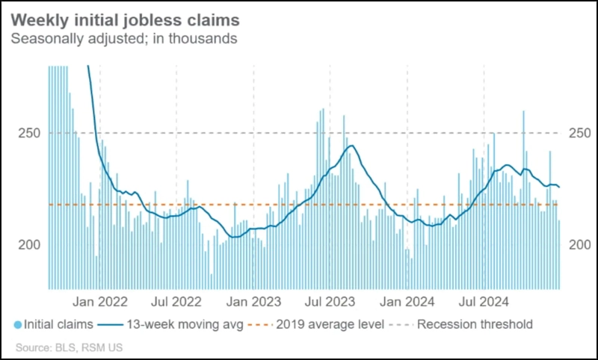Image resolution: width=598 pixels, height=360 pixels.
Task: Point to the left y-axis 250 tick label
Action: (27, 133)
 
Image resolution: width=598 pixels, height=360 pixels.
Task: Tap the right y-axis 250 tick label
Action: (579, 133)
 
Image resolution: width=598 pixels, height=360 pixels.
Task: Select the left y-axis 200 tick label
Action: (27, 244)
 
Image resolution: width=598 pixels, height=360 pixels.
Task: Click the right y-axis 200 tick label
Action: (579, 244)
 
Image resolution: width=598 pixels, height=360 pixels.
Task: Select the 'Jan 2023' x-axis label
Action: (254, 302)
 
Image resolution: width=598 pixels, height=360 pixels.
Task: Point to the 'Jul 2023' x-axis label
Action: (330, 302)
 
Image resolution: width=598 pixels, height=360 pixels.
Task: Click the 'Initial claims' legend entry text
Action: (59, 325)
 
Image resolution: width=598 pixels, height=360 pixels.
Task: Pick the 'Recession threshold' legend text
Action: (475, 325)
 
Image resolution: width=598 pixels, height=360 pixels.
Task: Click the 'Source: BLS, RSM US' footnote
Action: (69, 347)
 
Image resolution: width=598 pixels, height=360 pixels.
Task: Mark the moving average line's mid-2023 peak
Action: (351, 146)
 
